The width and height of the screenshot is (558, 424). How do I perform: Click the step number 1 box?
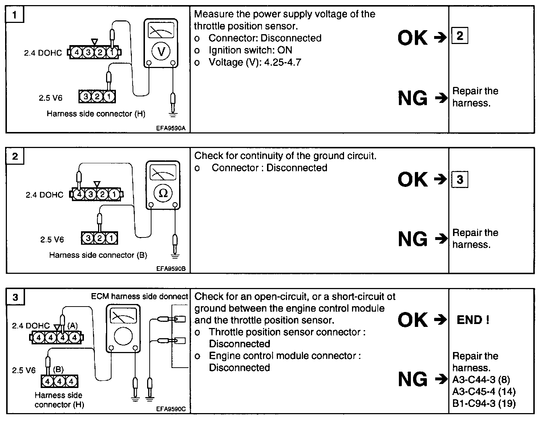[15, 15]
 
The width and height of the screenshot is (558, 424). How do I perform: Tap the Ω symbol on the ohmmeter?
[163, 193]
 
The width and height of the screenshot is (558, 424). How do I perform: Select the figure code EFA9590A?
[171, 128]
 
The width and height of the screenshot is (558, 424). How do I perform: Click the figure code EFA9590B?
[171, 269]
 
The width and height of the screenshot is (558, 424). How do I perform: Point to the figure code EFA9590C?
[171, 409]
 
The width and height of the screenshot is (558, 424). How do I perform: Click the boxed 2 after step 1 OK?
[460, 36]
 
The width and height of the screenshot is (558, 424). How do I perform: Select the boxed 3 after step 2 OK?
[460, 179]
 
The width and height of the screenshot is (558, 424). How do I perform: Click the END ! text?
[473, 320]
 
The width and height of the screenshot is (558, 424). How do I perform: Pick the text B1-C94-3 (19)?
[484, 403]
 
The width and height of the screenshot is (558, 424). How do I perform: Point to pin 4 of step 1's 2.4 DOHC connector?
[77, 52]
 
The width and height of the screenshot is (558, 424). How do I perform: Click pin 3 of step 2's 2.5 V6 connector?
[88, 239]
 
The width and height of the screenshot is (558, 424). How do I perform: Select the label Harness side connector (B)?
[98, 255]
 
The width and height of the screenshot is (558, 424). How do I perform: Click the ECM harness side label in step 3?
[139, 296]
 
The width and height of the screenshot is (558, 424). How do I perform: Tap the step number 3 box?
[15, 297]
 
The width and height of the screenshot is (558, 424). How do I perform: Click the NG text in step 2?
[413, 239]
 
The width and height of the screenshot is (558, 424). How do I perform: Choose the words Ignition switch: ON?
[250, 50]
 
